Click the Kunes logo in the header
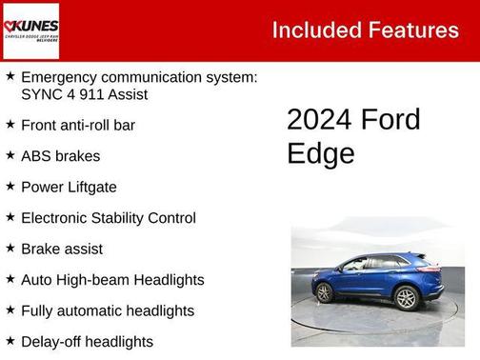click(30, 30)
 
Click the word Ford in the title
click(390, 120)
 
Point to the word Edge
click(320, 153)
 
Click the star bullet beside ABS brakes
click(10, 155)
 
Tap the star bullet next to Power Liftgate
click(10, 187)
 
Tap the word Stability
click(121, 218)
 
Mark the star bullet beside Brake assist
click(10, 249)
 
